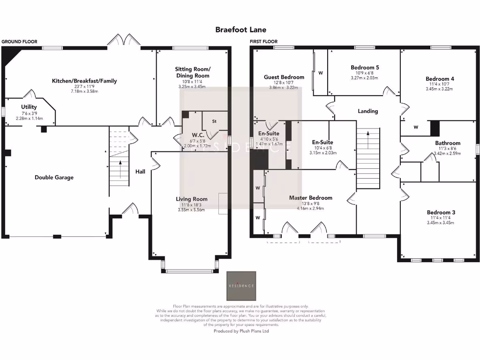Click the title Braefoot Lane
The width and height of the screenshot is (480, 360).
(x=240, y=30)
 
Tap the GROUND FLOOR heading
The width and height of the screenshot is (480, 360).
(x=19, y=42)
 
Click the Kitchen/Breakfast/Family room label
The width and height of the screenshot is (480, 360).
(x=84, y=81)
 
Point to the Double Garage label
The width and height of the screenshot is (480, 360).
(x=54, y=177)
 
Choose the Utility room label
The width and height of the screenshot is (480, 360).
(x=29, y=107)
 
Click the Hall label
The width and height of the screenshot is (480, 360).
(x=140, y=172)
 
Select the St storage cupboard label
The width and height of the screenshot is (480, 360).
(x=214, y=121)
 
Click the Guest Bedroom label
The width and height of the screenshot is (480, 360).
(x=284, y=77)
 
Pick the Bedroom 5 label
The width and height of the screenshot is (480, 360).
(x=365, y=67)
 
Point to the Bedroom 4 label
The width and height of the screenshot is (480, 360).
(x=440, y=79)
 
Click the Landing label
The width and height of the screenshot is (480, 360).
(x=367, y=111)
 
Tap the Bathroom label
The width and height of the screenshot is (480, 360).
(x=448, y=143)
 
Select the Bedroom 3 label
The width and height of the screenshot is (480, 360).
(x=441, y=212)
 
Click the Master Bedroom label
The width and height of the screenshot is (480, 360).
(x=310, y=198)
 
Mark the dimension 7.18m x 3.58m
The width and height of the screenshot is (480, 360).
(x=84, y=91)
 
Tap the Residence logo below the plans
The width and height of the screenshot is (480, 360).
(x=241, y=285)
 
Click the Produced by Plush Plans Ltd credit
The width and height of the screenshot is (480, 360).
(x=241, y=330)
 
